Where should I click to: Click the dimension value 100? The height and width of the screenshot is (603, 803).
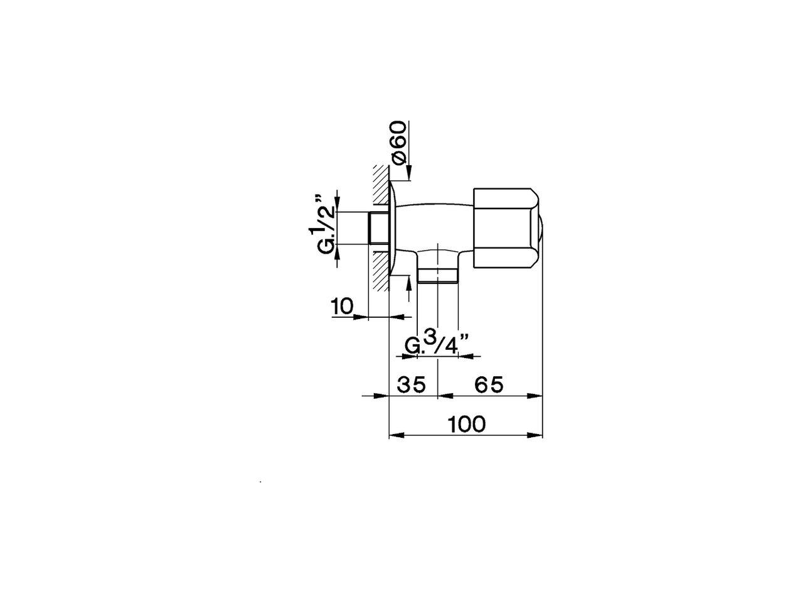(x=467, y=424)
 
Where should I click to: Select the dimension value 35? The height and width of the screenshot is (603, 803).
(x=411, y=384)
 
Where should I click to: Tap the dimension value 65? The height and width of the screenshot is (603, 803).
(x=489, y=384)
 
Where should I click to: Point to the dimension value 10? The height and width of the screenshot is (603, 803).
(x=342, y=307)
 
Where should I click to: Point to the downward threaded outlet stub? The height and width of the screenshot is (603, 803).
(x=438, y=274)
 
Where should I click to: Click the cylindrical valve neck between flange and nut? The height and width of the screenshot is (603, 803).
(x=433, y=220)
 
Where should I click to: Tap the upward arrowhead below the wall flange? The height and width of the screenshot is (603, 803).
(x=409, y=282)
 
